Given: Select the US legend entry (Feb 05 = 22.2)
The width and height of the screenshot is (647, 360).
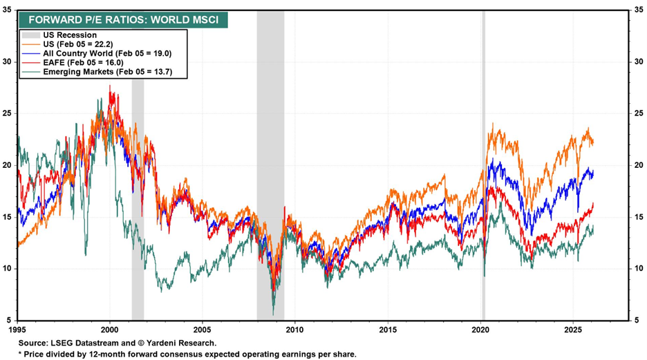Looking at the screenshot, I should (x=87, y=43).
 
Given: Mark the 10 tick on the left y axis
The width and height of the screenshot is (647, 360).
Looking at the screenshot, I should (x=9, y=269).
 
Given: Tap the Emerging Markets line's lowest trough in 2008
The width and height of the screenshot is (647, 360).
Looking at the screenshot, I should (x=273, y=313).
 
